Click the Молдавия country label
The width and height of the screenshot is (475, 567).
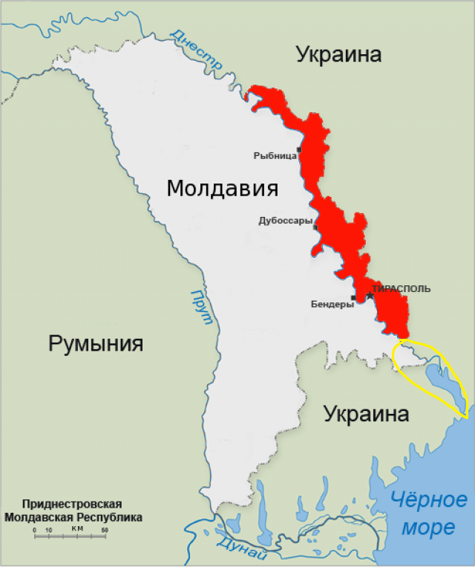(222, 188)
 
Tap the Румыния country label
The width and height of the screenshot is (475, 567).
(96, 344)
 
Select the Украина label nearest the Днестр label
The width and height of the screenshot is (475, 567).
(338, 54)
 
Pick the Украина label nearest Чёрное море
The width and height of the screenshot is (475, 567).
(367, 414)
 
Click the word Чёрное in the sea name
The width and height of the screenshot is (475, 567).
(430, 500)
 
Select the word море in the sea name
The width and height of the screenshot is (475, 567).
(430, 527)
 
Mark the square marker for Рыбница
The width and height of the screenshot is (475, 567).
(299, 150)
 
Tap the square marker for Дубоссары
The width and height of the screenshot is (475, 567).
(315, 227)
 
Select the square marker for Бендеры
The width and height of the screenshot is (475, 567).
(353, 298)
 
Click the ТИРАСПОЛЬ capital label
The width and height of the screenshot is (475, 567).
(401, 288)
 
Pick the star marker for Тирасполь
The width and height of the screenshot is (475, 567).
(370, 296)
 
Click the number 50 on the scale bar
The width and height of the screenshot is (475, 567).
(105, 530)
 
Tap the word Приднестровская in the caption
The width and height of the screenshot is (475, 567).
(72, 504)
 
